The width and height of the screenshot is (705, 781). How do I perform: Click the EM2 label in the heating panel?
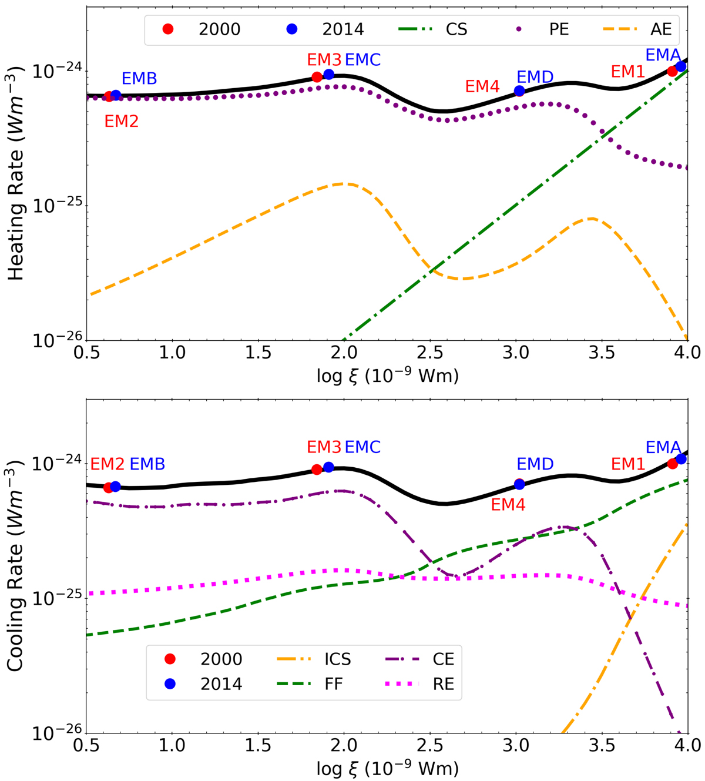click(122, 121)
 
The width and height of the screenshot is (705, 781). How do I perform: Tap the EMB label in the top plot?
click(139, 79)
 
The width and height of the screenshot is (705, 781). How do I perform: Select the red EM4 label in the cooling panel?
click(508, 504)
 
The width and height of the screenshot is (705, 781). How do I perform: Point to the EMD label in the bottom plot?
click(535, 464)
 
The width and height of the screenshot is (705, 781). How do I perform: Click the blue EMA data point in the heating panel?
click(680, 66)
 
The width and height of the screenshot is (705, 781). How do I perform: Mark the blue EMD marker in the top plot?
click(519, 91)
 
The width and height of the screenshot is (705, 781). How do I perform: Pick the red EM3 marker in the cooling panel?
click(317, 470)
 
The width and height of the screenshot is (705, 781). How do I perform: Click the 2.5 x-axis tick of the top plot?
click(430, 353)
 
